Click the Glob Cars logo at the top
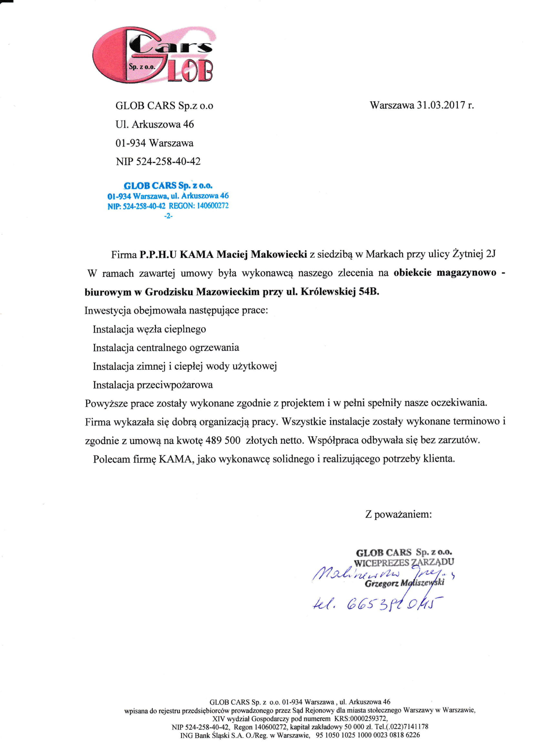point(153,55)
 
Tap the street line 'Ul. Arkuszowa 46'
point(155,124)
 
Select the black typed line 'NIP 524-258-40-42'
point(158,161)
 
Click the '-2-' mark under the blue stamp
point(168,216)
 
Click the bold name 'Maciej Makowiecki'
point(262,254)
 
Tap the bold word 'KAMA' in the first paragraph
point(197,254)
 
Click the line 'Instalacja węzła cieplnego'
point(149,329)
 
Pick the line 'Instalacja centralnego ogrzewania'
point(166,347)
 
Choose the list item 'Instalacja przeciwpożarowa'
point(153,385)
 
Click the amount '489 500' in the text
point(223,440)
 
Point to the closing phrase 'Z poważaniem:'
point(398,514)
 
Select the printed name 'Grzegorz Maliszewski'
point(405,583)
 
